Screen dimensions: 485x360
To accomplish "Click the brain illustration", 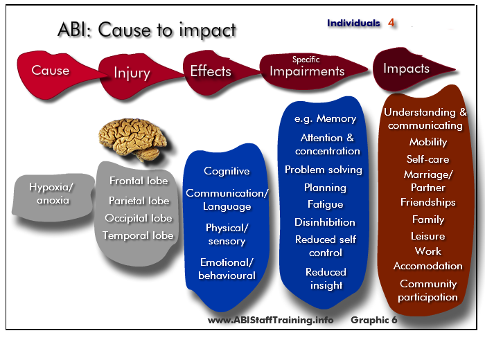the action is (x=133, y=139).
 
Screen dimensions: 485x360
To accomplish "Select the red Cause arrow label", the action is (x=51, y=71).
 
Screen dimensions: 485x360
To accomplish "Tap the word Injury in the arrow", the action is (x=132, y=73).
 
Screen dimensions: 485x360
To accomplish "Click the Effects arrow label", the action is (x=211, y=71).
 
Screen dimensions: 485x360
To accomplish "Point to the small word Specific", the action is (x=306, y=60).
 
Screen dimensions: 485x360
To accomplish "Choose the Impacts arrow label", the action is (x=407, y=69).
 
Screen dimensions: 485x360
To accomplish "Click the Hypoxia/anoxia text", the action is (x=52, y=194).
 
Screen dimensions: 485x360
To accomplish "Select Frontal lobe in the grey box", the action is (x=139, y=181).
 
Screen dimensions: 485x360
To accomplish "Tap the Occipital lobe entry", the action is (x=139, y=218).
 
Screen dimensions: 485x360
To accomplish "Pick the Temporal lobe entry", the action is (x=138, y=235).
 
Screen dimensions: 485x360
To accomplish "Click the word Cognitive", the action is (x=227, y=171).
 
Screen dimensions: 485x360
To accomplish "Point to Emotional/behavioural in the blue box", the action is (x=227, y=269).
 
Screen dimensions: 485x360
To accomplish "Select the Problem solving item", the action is (x=324, y=170).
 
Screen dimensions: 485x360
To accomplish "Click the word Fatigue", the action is (x=326, y=204).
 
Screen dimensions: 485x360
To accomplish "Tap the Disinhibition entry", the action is (x=325, y=222).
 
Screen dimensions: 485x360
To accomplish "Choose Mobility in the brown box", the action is (x=428, y=142).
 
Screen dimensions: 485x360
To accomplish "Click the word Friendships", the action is (x=428, y=202).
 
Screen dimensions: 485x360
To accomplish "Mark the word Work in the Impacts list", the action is (x=428, y=251).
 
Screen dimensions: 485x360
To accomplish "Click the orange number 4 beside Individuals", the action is (x=391, y=23).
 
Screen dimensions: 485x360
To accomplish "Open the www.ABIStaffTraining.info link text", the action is (x=271, y=320).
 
